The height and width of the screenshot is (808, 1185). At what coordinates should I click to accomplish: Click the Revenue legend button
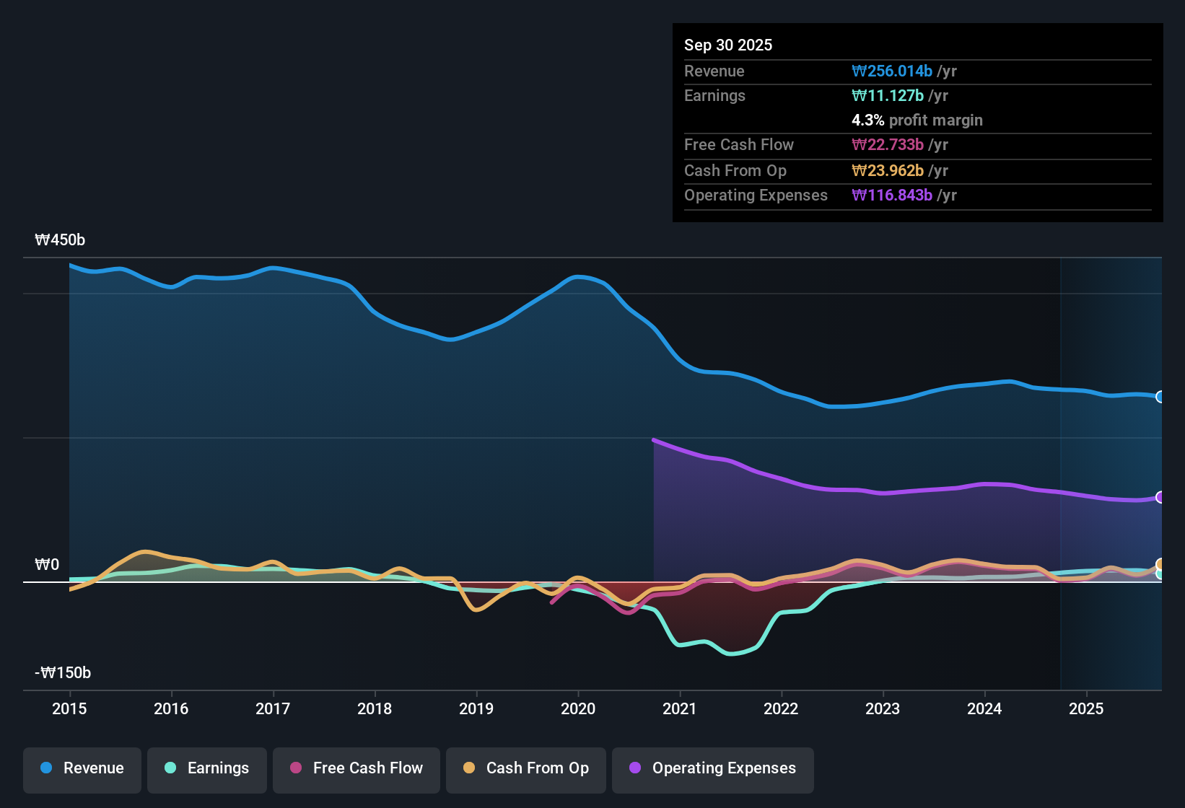point(82,768)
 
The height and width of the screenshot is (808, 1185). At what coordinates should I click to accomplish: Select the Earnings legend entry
point(207,768)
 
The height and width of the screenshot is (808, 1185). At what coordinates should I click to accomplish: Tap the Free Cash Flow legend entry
point(357,768)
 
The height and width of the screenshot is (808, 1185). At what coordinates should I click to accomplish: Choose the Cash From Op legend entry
point(526,768)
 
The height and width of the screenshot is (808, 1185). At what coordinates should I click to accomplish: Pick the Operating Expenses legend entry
point(713,768)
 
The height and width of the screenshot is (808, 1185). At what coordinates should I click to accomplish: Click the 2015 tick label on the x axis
point(69,708)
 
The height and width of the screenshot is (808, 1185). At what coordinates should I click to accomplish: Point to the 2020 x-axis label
point(578,708)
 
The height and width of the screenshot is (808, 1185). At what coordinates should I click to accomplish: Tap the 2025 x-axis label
point(1086,708)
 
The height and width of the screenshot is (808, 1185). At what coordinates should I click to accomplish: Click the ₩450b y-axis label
point(60,240)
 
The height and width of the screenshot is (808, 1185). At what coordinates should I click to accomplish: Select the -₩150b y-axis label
point(63,673)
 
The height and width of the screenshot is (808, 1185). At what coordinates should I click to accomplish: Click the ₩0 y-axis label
point(47,565)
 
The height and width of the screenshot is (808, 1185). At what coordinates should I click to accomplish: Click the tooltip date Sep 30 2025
point(728,45)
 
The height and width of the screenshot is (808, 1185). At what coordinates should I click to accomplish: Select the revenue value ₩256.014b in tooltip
point(892,71)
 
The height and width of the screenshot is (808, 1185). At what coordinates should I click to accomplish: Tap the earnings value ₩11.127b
point(888,95)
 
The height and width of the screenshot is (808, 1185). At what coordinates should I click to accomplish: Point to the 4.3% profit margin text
point(917,120)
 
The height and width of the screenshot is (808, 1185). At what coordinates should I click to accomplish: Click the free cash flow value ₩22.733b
point(888,144)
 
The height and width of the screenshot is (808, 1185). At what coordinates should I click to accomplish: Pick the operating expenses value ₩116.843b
point(892,195)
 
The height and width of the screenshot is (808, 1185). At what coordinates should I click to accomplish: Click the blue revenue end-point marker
point(1160,397)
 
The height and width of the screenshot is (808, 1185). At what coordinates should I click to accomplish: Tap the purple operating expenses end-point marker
point(1160,497)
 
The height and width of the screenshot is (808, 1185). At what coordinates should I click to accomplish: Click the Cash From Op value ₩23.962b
point(888,170)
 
